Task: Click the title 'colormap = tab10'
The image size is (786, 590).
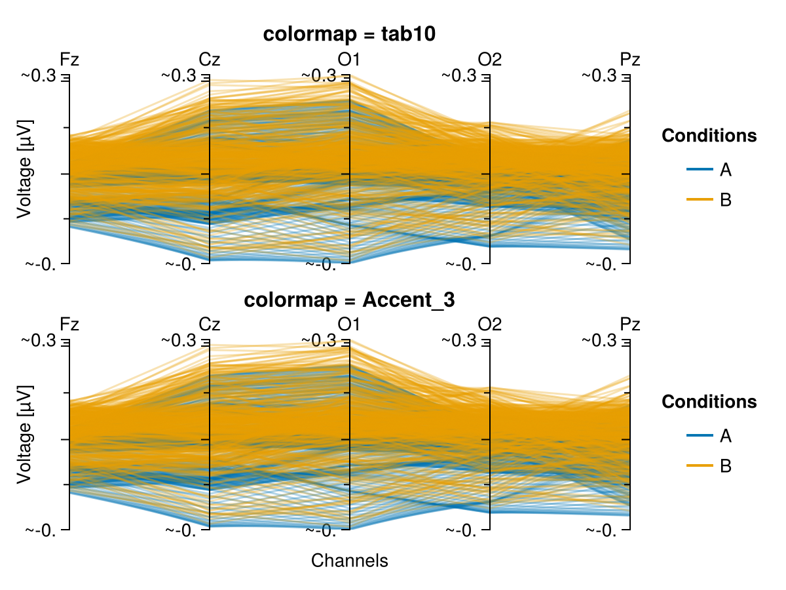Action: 350,35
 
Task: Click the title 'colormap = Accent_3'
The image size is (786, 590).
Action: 350,300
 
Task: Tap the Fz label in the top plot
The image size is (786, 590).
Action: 69,59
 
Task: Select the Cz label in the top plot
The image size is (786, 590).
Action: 210,59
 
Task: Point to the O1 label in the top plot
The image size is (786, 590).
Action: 349,59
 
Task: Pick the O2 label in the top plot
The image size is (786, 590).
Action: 490,59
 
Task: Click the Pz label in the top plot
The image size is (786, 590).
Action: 630,59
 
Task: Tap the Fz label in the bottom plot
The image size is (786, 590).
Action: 69,324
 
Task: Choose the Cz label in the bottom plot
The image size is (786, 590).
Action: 210,324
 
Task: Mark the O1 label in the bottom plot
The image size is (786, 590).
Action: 349,324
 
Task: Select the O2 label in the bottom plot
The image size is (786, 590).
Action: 490,324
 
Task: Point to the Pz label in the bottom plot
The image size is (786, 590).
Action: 630,324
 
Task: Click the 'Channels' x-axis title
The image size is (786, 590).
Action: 350,560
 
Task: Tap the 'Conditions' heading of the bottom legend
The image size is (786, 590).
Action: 709,401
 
